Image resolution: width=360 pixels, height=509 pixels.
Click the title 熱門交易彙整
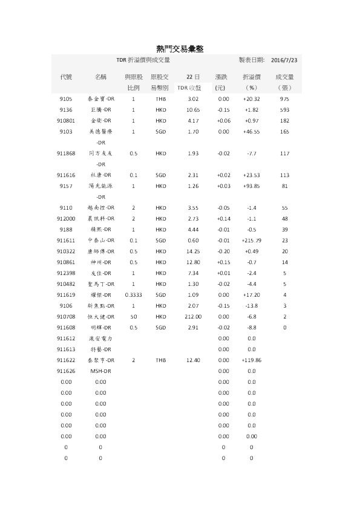point(180,48)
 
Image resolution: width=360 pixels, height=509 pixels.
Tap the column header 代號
point(66,77)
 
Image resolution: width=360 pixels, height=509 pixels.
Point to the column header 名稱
point(100,77)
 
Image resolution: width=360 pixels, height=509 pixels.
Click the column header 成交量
point(284,77)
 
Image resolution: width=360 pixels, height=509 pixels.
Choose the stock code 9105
point(66,99)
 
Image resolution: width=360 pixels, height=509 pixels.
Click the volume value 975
point(284,99)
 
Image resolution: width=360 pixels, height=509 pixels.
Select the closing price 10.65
point(194,109)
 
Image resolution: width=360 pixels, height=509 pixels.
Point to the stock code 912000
point(66,218)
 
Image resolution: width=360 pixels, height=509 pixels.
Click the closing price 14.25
point(194,251)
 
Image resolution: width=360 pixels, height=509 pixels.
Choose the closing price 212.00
point(194,316)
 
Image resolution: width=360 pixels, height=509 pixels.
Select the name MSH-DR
point(100,371)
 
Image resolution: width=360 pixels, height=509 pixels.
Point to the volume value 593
point(284,109)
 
